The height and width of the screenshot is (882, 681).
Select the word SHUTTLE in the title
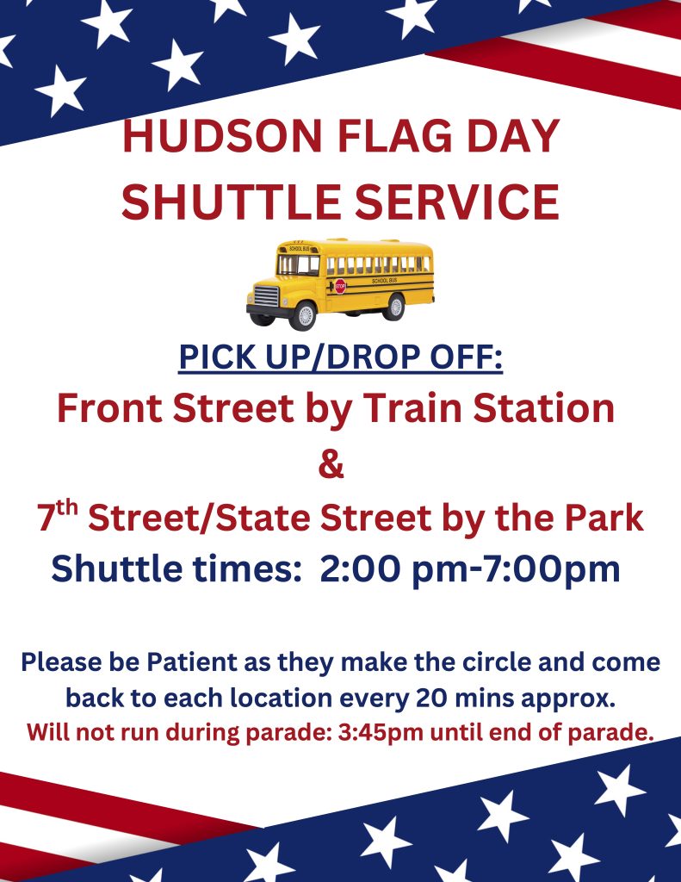pyautogui.click(x=230, y=201)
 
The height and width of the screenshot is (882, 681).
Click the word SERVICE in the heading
pyautogui.click(x=457, y=201)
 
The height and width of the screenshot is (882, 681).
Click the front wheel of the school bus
pyautogui.click(x=305, y=315)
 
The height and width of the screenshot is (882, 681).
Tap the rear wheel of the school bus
pyautogui.click(x=396, y=307)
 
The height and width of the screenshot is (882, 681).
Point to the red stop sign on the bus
pyautogui.click(x=340, y=286)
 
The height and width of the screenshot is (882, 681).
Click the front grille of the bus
pyautogui.click(x=266, y=295)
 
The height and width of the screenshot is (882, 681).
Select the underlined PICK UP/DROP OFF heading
pyautogui.click(x=341, y=357)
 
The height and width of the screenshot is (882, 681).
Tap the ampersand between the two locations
pyautogui.click(x=331, y=464)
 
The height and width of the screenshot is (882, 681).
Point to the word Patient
pyautogui.click(x=192, y=661)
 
